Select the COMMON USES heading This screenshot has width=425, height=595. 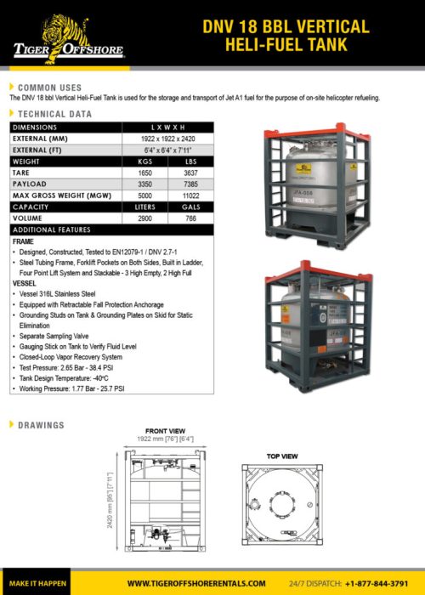pyautogui.click(x=49, y=88)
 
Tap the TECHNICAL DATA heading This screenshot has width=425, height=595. pyautogui.click(x=55, y=113)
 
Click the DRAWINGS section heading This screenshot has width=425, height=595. pyautogui.click(x=42, y=423)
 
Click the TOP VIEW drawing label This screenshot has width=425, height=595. pyautogui.click(x=282, y=456)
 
